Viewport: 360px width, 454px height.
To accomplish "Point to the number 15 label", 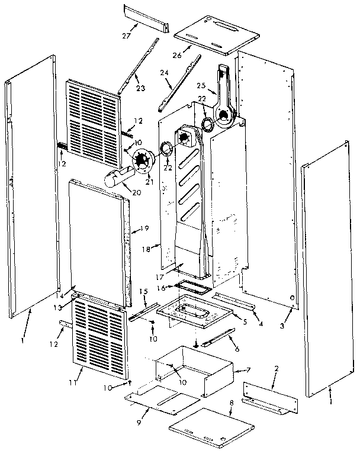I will coord(143,292).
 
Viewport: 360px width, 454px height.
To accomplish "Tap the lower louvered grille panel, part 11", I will coord(101,340).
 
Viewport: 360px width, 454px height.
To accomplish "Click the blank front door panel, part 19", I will coord(98,237).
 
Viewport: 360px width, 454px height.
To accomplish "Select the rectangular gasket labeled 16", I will coord(193,288).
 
